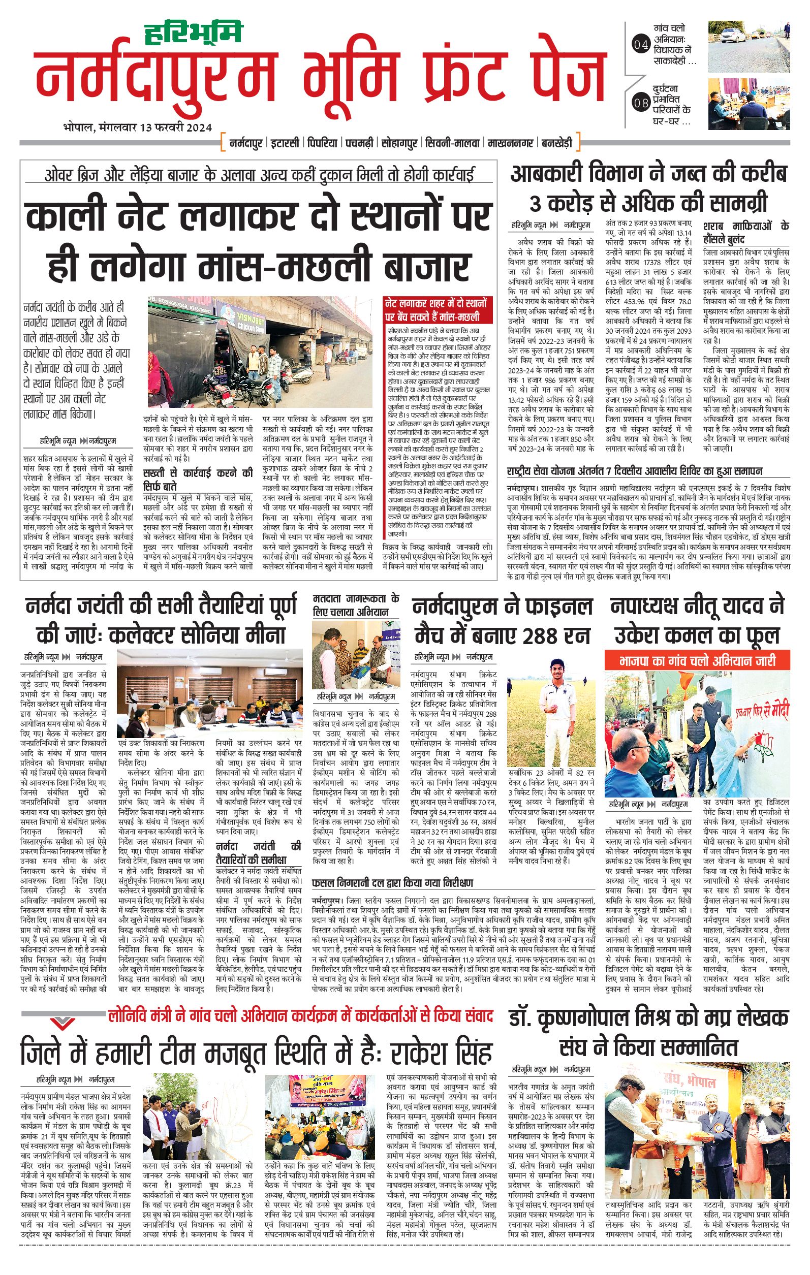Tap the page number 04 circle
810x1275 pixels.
click(640, 45)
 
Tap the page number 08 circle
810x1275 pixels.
click(640, 103)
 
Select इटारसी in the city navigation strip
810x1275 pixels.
click(284, 143)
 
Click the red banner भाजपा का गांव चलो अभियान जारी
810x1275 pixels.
click(697, 661)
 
